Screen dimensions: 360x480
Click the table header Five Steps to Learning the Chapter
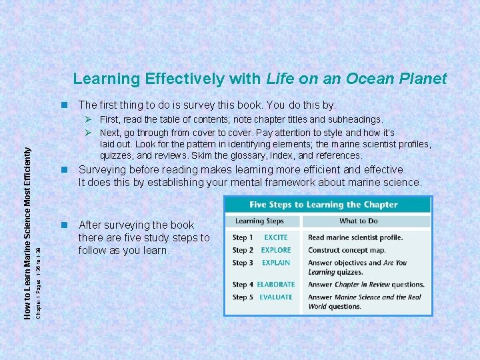[323, 205]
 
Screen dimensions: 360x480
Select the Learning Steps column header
[259, 221]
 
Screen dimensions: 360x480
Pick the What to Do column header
[358, 221]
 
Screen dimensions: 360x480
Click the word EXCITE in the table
[275, 237]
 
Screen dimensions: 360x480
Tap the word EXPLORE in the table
[276, 250]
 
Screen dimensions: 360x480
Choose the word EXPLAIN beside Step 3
[276, 263]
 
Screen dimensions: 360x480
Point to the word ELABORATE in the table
[276, 285]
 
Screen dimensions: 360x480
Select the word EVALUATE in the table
[276, 297]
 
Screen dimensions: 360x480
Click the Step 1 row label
[243, 237]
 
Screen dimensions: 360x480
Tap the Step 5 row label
[243, 297]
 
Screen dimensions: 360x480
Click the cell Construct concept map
[347, 250]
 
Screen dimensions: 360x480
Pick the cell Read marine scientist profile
[355, 237]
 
